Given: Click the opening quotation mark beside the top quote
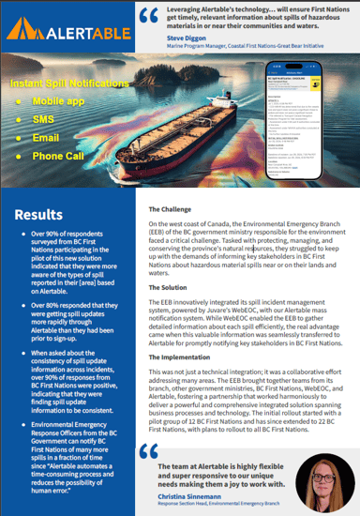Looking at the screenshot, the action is tap(149, 16).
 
